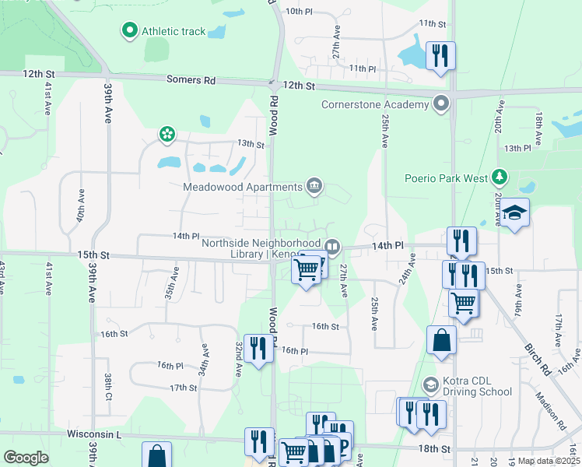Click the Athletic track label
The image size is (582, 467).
pos(174,32)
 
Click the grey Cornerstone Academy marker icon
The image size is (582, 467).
pos(442,103)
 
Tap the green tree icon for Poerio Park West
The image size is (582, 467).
pos(502,177)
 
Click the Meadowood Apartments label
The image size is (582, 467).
pos(242,187)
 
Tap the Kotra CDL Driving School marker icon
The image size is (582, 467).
pos(430,384)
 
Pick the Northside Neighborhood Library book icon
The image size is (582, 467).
pos(332,248)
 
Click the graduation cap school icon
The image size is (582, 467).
pos(514,212)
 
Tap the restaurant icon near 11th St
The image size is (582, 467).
pos(440,55)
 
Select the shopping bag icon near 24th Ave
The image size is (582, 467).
pos(441,339)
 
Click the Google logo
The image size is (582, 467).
pos(26,458)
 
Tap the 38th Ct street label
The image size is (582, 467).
pos(108,385)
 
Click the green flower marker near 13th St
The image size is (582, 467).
pos(167,135)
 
